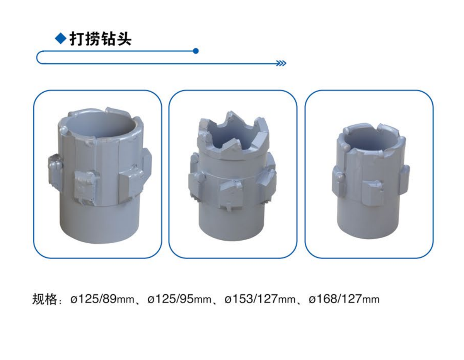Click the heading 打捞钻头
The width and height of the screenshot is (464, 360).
coord(100,39)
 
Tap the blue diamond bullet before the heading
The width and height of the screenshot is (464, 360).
coord(61,39)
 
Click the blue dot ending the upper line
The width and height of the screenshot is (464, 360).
coord(196,51)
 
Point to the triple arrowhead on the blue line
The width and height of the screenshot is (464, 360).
coord(281,63)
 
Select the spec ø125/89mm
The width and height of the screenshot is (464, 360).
coord(102,299)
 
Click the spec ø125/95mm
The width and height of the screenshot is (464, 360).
coord(179,299)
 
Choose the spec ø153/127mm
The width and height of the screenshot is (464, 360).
coord(260,299)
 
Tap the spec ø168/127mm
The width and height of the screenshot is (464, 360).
coord(344,299)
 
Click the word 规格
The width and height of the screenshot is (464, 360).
coord(44,299)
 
